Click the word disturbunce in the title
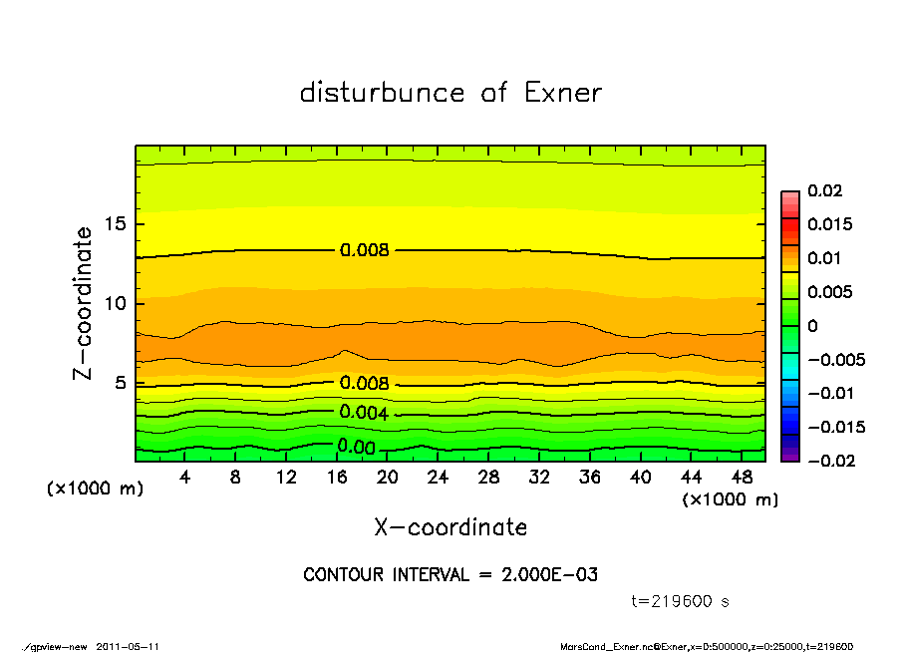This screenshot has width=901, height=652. point(383,94)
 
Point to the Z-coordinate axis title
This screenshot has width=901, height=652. point(84,303)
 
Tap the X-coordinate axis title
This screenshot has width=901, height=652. point(450,527)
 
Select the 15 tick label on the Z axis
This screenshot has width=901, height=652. point(115,224)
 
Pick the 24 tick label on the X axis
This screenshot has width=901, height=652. point(438,479)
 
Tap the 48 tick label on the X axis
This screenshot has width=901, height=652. point(742,479)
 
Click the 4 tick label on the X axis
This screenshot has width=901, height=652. point(184,479)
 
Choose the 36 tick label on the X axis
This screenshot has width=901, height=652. point(590,479)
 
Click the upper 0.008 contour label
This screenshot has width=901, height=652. point(364,250)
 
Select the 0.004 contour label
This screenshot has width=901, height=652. point(364,413)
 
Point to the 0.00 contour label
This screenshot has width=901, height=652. point(356,448)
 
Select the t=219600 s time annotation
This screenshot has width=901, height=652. point(681,601)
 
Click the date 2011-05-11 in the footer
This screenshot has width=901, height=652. point(128,646)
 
